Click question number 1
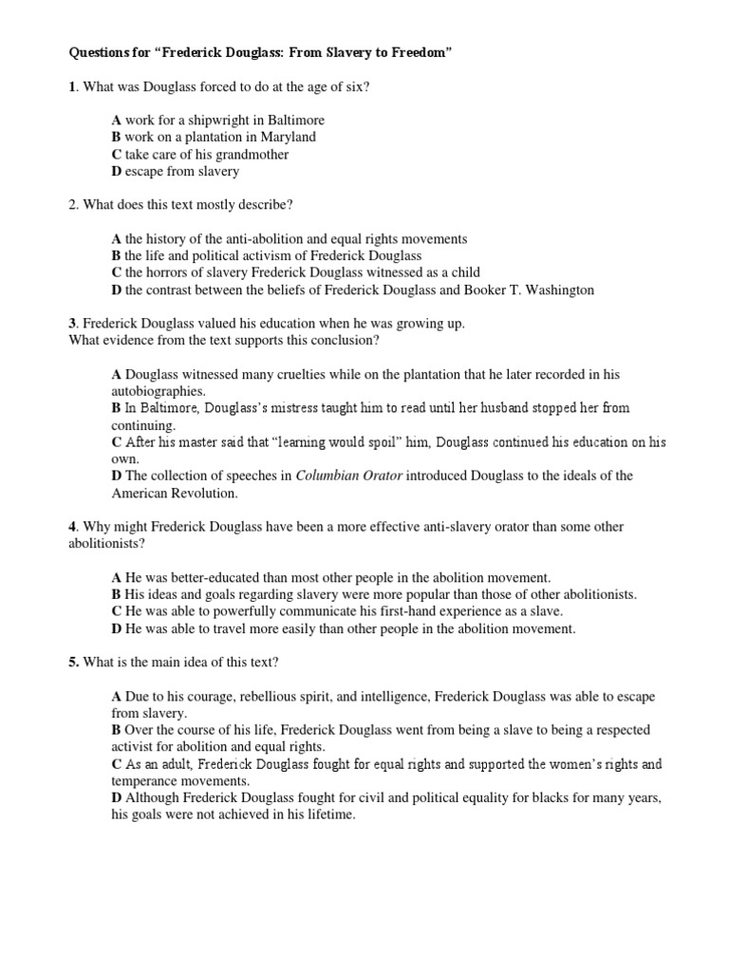tap(72, 86)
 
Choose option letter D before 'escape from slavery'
tap(116, 171)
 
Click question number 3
tap(72, 324)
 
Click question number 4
tap(72, 526)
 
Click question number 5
tap(73, 662)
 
